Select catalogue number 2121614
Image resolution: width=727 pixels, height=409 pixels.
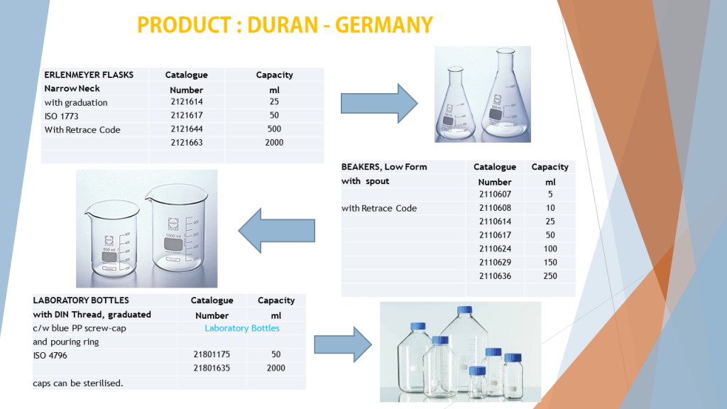[x=186, y=102]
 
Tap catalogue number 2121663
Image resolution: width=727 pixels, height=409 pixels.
[x=186, y=143]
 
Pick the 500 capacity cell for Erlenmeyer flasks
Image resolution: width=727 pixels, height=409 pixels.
[x=274, y=129]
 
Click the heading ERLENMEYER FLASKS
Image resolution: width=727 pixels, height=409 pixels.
[x=89, y=75]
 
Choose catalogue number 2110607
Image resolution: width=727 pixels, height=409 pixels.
[x=494, y=195]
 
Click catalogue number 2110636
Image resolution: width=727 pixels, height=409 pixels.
[x=494, y=276]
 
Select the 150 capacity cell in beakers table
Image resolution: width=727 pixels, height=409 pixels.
[x=550, y=263]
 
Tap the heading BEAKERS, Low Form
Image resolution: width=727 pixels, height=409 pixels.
[x=384, y=167]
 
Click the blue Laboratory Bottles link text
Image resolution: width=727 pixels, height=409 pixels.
[x=242, y=328]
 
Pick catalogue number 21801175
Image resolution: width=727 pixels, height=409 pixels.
[x=212, y=354]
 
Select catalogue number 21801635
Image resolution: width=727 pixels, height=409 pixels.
[x=212, y=368]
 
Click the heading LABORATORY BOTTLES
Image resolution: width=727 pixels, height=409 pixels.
[x=81, y=300]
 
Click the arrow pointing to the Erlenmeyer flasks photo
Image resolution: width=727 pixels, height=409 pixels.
[x=379, y=103]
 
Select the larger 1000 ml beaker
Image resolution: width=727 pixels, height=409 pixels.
[x=175, y=231]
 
